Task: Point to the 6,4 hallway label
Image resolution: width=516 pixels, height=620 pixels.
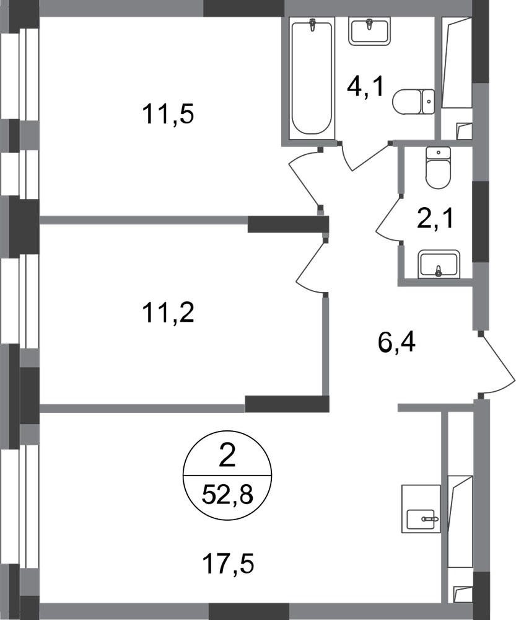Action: (396, 342)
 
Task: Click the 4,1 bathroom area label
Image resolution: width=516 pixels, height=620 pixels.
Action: (365, 87)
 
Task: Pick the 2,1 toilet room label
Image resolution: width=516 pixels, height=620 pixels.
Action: (436, 219)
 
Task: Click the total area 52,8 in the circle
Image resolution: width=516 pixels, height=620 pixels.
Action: (227, 494)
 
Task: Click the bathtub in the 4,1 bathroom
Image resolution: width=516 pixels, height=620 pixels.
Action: (312, 78)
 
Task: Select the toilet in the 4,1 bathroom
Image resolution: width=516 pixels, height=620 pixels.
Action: (414, 102)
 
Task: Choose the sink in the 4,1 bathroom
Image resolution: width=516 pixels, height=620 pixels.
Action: (369, 31)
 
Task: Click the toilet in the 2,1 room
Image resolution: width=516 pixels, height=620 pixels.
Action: (438, 167)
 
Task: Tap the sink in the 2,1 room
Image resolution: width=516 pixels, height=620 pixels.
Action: (439, 263)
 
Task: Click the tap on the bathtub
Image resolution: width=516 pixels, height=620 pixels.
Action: (313, 25)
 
